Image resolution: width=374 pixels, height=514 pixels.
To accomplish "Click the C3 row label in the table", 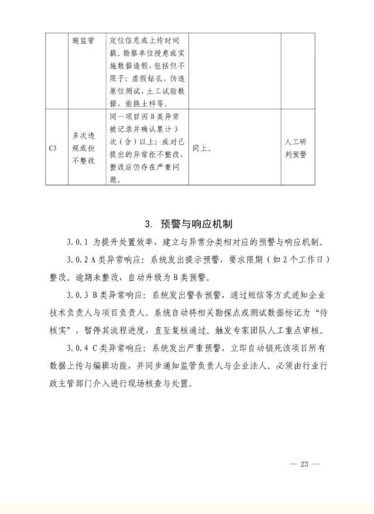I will [53, 148].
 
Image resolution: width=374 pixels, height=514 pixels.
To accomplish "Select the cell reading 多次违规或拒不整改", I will [83, 148].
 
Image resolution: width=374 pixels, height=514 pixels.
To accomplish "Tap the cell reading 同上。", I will [203, 148].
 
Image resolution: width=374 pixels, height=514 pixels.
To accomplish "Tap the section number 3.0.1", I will [78, 242].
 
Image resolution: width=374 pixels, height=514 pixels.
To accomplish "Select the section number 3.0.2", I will [78, 258].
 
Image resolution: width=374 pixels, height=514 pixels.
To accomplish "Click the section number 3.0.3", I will [78, 295].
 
